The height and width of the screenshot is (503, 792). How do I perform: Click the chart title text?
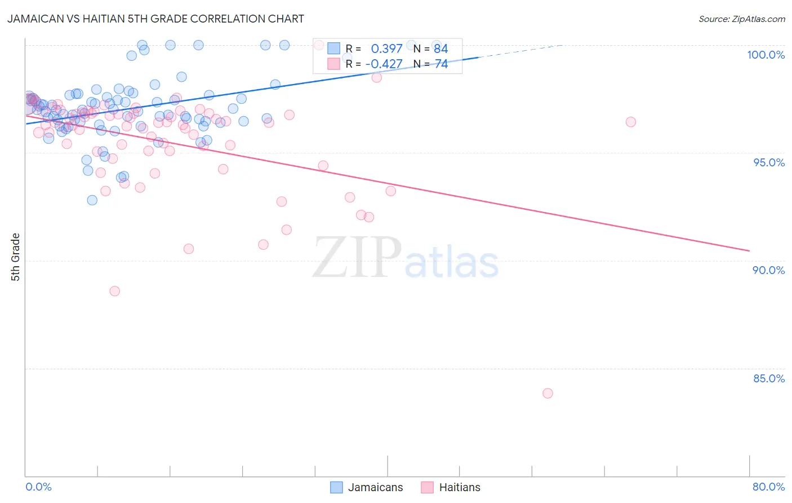[155, 19]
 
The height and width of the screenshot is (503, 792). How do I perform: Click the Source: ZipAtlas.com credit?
[741, 19]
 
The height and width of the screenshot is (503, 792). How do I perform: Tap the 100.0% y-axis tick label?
[766, 55]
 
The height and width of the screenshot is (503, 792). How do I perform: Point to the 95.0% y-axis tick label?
[768, 162]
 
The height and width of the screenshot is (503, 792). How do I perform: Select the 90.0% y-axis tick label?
[768, 270]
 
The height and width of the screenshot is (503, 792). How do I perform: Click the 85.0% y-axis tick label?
[768, 378]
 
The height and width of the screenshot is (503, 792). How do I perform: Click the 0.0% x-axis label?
[38, 487]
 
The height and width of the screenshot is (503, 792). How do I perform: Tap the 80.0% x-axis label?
[768, 487]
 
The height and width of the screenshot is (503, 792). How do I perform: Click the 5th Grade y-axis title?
[16, 257]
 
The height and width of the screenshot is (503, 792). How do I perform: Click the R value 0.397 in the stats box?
[386, 49]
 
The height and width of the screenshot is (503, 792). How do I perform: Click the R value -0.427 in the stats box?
[384, 64]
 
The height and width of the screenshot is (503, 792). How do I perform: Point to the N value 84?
[441, 49]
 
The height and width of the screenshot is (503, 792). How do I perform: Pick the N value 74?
[441, 64]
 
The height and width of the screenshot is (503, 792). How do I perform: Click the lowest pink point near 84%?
[548, 393]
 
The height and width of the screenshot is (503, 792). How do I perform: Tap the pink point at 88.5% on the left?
[114, 291]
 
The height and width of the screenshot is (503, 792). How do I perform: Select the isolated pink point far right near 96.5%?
[630, 122]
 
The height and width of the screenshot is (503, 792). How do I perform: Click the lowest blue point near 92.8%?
[92, 200]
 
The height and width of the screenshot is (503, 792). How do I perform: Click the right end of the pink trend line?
[749, 250]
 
